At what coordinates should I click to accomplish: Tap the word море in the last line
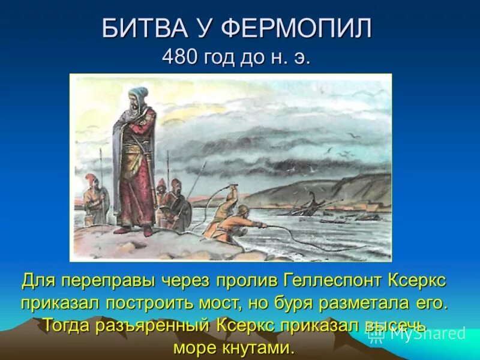point(198,347)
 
